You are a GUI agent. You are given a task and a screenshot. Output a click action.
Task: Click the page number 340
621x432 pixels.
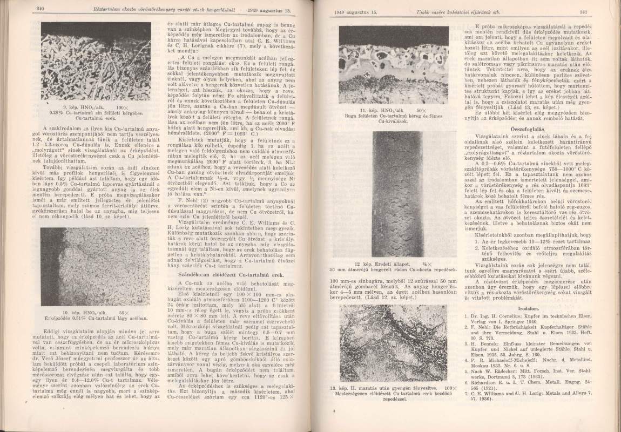[39, 10]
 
